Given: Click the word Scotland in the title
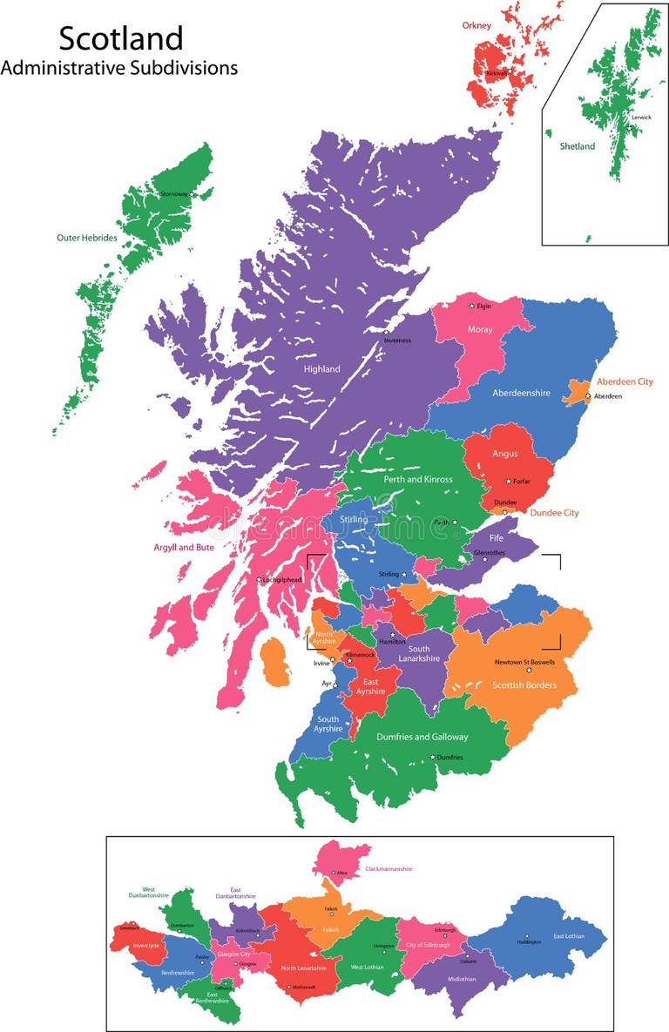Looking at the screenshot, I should coord(121,37).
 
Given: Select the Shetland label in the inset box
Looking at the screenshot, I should coord(577,146).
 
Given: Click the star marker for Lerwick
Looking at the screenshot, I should coord(629,127).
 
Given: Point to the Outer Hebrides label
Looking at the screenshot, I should coord(86,237).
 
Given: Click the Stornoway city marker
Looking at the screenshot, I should coord(193,193).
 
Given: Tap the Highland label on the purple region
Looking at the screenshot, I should coord(321,369).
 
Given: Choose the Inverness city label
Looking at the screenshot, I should coord(397,341).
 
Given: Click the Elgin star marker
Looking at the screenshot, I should coord(472,306).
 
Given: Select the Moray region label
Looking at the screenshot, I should coord(480,330).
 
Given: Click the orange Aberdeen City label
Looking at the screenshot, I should coord(624,381).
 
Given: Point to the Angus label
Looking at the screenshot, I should coord(504,454).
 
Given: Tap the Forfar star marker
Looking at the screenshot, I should coord(509,481).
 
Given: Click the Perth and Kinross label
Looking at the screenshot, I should coord(419,479).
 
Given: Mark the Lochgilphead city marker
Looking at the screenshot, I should coord(259,580).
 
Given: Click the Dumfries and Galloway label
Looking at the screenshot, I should coord(422,737).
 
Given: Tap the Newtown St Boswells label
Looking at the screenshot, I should coord(524,663).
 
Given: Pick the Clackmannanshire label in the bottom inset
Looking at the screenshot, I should coord(389,868).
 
